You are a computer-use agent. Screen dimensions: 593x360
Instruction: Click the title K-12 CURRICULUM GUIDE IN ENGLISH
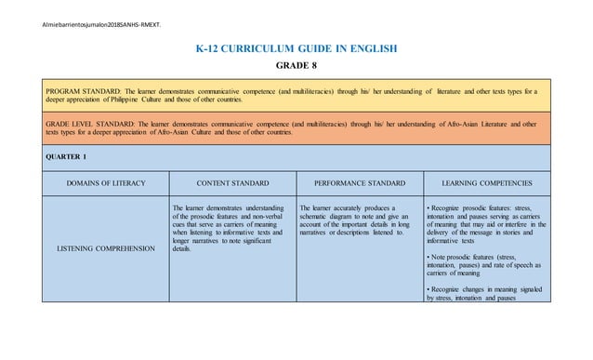(296, 47)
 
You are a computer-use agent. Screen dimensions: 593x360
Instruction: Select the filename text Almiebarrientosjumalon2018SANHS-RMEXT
(82, 12)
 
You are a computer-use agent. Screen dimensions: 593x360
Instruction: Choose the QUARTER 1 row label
(59, 157)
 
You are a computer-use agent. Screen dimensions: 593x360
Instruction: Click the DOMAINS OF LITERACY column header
(101, 183)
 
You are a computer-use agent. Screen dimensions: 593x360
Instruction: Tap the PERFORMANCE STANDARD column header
(357, 183)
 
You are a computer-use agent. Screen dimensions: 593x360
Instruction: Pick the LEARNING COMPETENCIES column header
(487, 183)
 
